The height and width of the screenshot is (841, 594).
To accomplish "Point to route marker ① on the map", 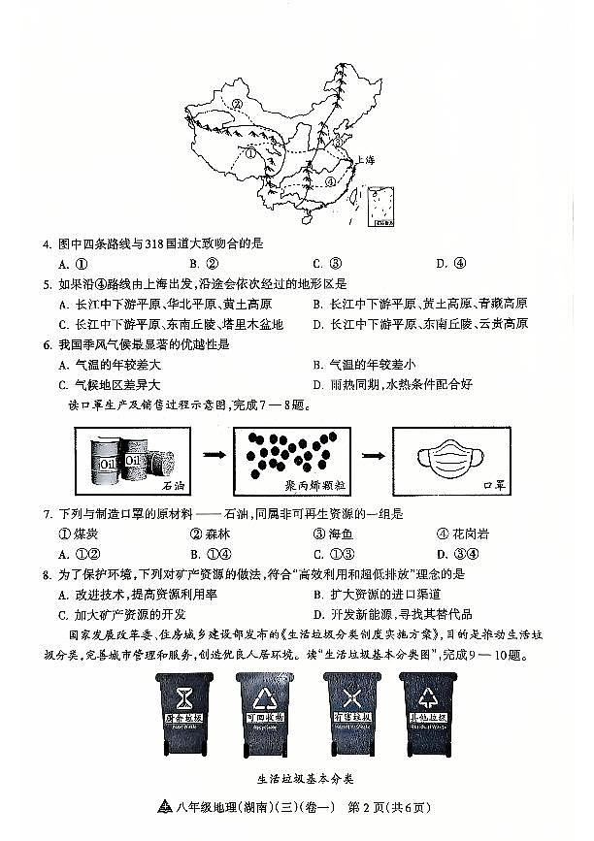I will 250,153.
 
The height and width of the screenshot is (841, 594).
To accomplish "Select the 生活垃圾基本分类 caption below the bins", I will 301,779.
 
